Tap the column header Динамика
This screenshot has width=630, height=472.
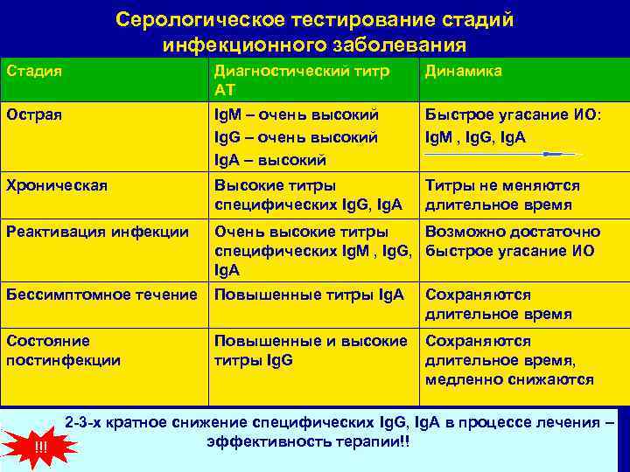(463, 71)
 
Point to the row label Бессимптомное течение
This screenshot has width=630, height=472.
(101, 295)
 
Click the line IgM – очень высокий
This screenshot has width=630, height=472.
(296, 114)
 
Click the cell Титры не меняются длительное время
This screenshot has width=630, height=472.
(502, 194)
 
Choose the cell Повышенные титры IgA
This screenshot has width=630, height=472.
(309, 295)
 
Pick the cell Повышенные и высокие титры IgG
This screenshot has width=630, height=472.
(311, 350)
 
